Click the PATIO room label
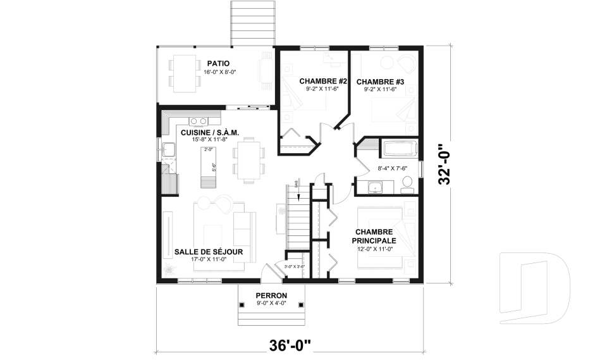click(218, 63)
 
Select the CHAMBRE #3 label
click(380, 82)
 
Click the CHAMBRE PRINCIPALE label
click(376, 237)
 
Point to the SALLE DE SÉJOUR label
click(209, 252)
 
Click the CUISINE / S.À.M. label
click(209, 132)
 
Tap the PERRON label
click(271, 295)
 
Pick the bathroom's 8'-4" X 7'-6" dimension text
click(392, 168)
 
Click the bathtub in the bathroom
click(399, 149)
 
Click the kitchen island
click(208, 166)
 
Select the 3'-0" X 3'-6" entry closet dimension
click(295, 266)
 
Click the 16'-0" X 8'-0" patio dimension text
click(218, 72)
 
